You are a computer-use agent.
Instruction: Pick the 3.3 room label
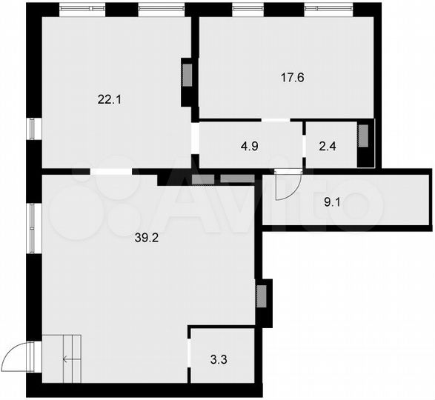pos(219,361)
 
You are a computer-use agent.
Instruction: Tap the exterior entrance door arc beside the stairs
pos(16,360)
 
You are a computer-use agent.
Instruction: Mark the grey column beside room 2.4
pos(363,136)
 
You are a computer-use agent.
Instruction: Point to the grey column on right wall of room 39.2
pos(262,294)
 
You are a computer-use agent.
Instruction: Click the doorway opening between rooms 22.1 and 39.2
pos(112,172)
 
